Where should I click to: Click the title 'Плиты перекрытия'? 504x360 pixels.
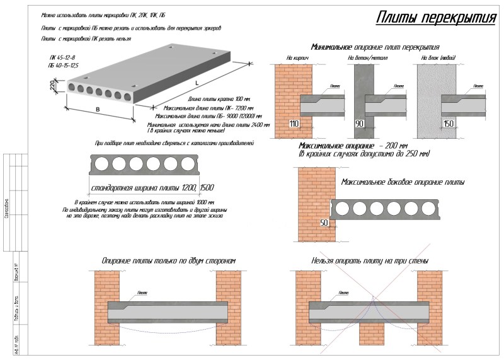(x=435, y=18)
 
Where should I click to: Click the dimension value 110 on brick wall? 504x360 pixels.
(x=294, y=124)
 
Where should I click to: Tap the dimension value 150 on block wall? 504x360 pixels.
(x=448, y=124)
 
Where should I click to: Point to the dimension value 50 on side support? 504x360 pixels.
(x=324, y=223)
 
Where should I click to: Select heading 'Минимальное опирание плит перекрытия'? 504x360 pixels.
(x=375, y=47)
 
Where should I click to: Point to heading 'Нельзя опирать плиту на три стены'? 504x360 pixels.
(x=370, y=260)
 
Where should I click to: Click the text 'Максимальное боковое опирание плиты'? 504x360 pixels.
(x=403, y=182)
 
